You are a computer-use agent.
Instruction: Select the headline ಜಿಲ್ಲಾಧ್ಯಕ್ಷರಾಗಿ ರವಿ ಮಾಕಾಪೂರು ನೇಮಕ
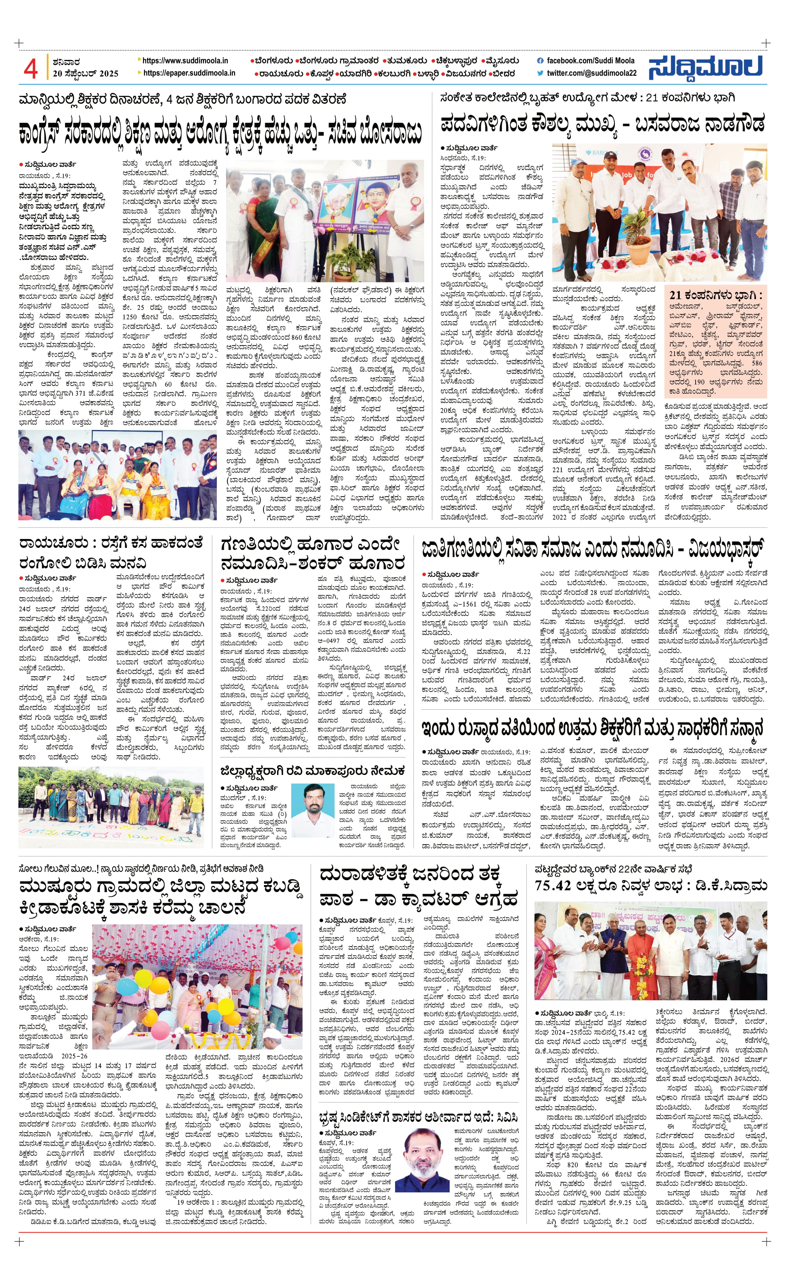pos(312,770)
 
